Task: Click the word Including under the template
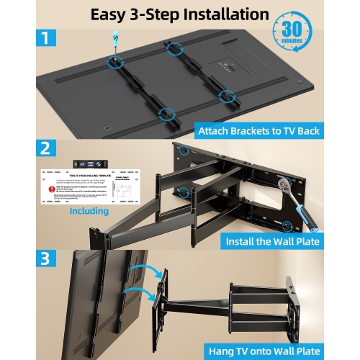pos(90,211)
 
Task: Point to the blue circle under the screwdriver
pos(115,62)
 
